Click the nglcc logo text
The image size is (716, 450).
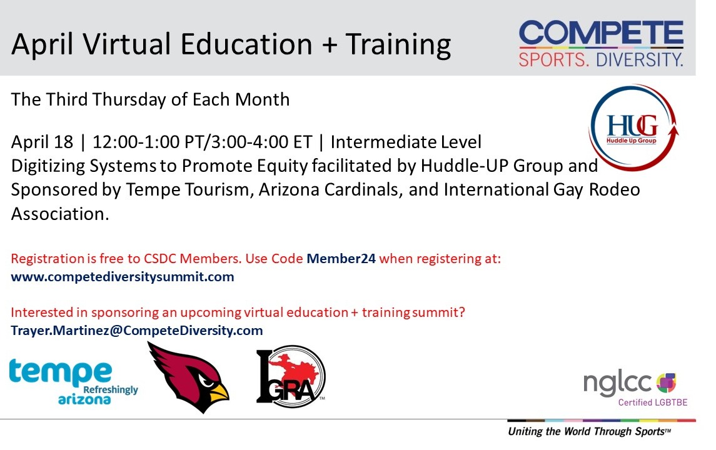click(618, 382)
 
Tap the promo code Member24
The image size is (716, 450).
click(341, 258)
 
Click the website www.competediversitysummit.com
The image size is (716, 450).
click(123, 276)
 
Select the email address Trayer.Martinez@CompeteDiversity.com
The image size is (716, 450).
click(137, 330)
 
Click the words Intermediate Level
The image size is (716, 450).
click(406, 142)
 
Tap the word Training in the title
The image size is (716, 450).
click(398, 45)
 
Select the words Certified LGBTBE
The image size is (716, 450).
click(652, 402)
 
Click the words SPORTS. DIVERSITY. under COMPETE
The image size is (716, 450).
click(601, 60)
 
